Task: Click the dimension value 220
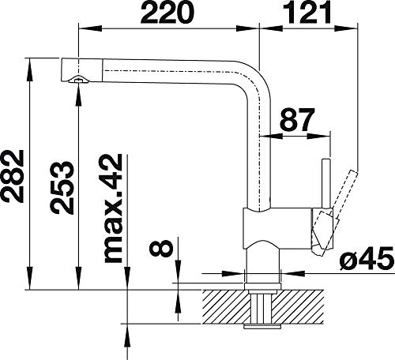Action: coord(167,13)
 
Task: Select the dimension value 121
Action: coord(307,12)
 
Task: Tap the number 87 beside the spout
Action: coord(297,120)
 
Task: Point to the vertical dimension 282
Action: coord(13,176)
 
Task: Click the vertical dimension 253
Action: coord(62,188)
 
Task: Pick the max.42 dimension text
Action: coord(114,208)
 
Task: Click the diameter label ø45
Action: coord(367,259)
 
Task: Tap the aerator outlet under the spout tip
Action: coord(78,80)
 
